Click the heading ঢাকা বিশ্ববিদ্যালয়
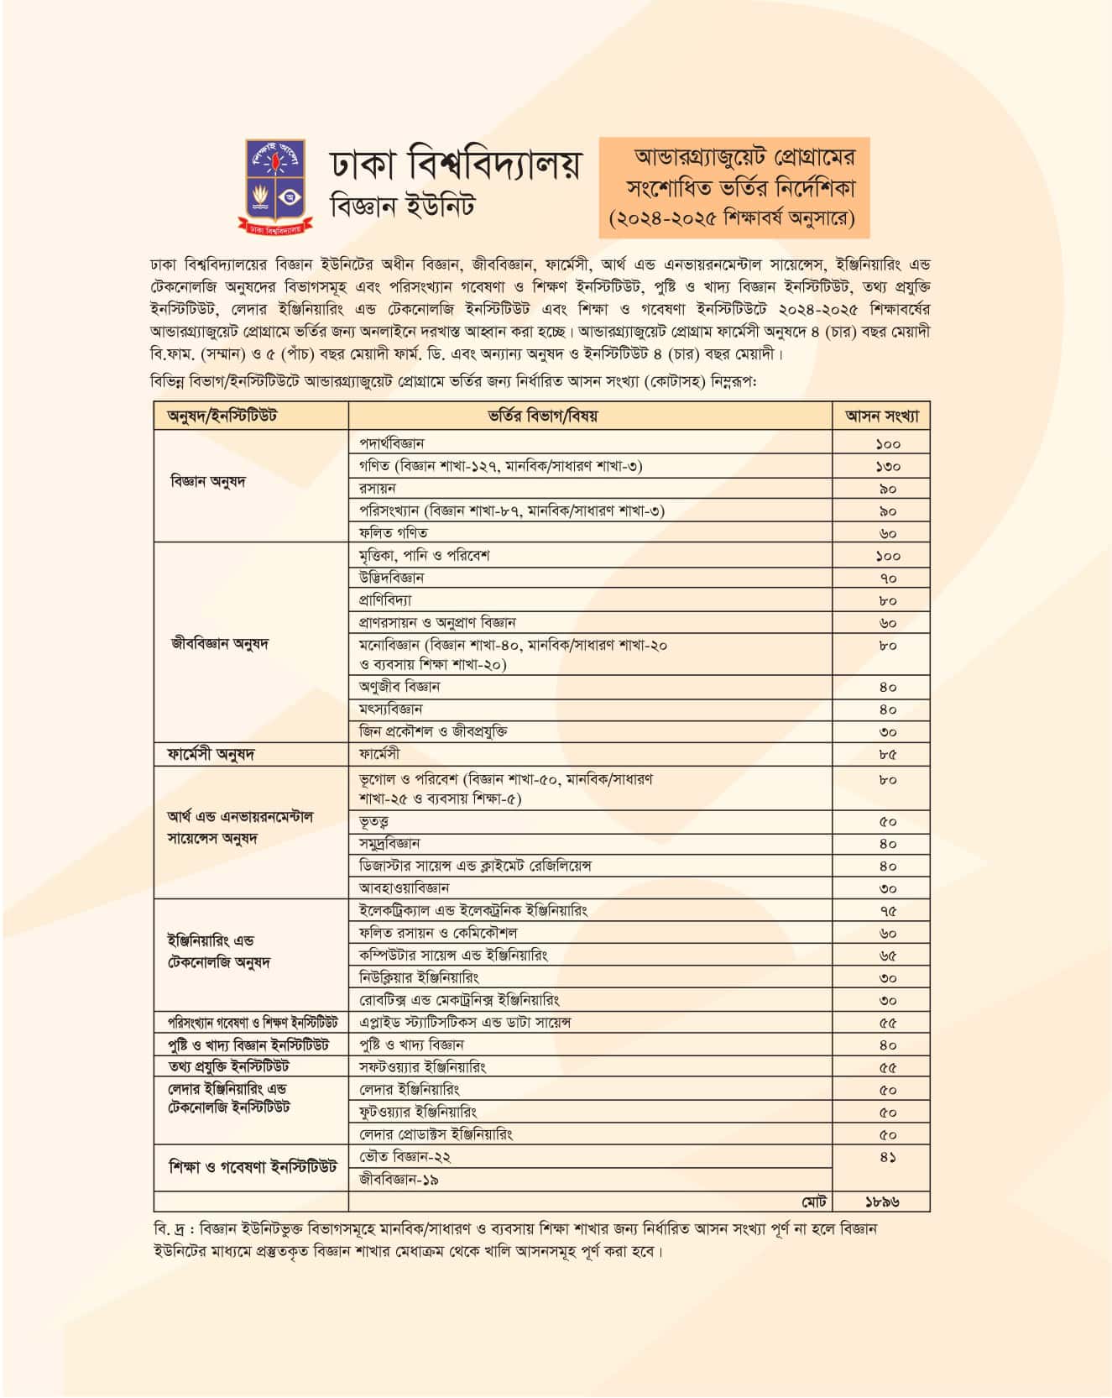point(454,163)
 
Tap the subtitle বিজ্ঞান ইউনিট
point(402,206)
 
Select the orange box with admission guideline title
point(734,187)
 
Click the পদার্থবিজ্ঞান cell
point(392,443)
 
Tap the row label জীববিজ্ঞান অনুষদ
point(219,644)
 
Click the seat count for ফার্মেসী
point(888,755)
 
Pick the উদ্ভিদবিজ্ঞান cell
point(392,578)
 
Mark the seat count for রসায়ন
point(888,489)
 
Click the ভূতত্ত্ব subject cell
point(374,821)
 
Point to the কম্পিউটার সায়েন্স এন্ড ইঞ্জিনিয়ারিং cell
point(454,956)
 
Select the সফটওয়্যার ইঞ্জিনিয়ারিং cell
point(423,1067)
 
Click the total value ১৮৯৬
point(882,1202)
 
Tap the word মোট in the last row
point(813,1202)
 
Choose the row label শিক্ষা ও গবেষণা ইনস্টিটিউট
point(252,1167)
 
